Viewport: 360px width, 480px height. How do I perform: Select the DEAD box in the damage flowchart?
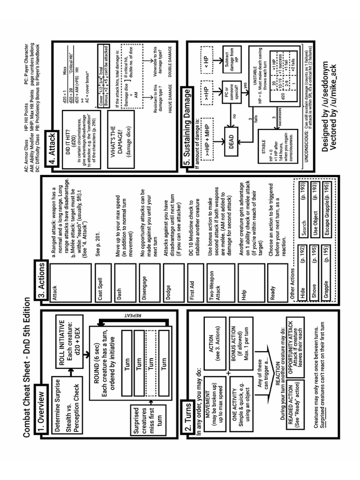[230, 139]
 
